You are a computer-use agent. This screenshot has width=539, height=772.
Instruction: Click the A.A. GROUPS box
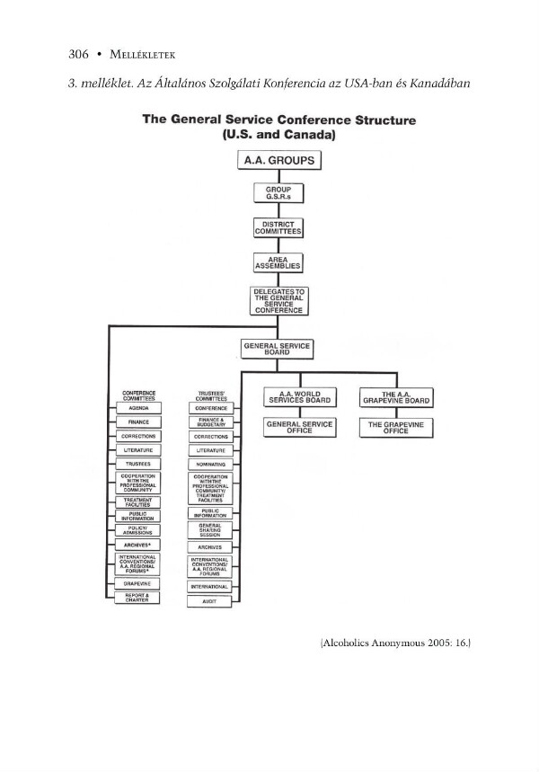(x=278, y=163)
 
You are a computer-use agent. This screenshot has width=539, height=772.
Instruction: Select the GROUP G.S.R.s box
(x=278, y=194)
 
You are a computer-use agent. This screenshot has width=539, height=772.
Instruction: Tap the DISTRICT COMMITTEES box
(x=278, y=228)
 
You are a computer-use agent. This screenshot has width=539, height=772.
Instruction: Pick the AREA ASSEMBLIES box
(x=278, y=262)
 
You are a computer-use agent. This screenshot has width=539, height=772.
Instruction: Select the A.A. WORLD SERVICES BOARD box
(x=301, y=397)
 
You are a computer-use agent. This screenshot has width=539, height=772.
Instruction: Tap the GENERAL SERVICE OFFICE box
(x=301, y=428)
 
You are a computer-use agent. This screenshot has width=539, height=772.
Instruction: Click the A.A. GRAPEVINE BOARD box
(x=395, y=397)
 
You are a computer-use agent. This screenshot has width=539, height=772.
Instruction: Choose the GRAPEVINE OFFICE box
(x=395, y=428)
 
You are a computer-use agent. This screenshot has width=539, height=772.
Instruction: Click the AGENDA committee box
(x=138, y=408)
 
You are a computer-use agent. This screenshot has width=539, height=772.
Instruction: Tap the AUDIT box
(x=210, y=601)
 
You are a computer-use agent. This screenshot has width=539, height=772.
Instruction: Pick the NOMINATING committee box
(x=210, y=464)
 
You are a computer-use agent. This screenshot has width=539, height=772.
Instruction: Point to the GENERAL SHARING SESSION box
(x=210, y=529)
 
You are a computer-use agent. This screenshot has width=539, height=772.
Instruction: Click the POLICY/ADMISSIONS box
(x=138, y=530)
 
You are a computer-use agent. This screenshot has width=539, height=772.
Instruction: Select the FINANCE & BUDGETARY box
(x=210, y=421)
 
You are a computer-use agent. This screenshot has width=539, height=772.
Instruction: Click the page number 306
(x=78, y=54)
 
